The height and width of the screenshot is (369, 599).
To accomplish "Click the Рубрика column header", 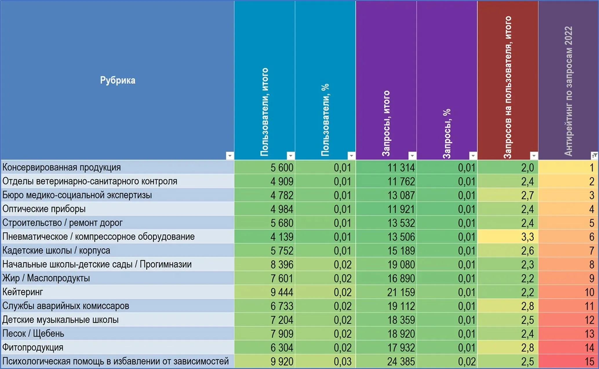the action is (x=118, y=80).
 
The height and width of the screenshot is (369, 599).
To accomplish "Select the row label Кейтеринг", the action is (x=23, y=292).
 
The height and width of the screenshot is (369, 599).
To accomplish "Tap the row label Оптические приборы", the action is (x=44, y=209).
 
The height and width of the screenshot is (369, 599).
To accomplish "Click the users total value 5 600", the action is (x=282, y=167).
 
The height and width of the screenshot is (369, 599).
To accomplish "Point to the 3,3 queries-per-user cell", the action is (x=527, y=237).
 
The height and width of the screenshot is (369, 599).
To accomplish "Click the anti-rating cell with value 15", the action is (x=589, y=361).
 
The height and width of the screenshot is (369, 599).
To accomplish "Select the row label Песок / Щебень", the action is (x=33, y=334).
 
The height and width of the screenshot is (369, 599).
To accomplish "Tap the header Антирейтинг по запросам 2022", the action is (x=568, y=91).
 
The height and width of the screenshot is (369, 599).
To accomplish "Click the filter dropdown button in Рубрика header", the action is (x=230, y=156).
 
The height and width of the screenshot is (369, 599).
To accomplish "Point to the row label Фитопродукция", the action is (x=33, y=347).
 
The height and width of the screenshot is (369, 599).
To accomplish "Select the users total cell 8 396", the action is (x=282, y=265).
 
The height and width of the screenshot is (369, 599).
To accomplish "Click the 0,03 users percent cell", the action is (x=343, y=361).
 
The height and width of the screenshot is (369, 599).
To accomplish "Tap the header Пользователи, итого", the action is (x=264, y=112).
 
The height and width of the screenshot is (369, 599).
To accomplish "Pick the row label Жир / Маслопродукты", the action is (x=46, y=278).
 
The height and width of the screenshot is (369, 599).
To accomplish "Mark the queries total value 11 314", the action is (x=401, y=167).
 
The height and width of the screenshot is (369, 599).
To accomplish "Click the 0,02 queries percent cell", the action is (x=467, y=361).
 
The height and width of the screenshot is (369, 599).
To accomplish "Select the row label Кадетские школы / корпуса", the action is (x=56, y=250).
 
